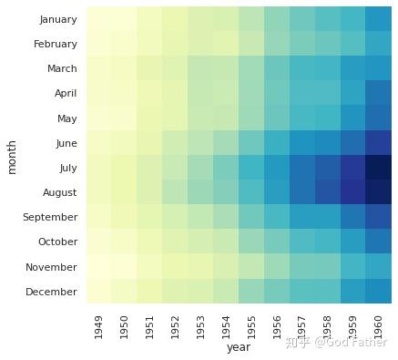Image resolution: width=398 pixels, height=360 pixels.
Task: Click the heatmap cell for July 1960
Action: point(379,168)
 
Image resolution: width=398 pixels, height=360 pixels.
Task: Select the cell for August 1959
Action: point(353,192)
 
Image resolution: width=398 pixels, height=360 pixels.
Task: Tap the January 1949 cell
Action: point(99,19)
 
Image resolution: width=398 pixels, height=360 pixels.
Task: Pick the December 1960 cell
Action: point(379,291)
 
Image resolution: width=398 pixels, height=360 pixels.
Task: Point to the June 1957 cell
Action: point(302,143)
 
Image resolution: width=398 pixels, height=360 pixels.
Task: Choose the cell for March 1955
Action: point(251,68)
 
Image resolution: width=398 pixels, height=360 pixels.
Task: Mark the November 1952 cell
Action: point(176,266)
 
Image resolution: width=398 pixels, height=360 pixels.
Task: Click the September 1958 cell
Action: point(328,217)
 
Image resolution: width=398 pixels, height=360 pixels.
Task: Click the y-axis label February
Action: point(56,44)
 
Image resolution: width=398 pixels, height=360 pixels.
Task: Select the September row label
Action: point(50,217)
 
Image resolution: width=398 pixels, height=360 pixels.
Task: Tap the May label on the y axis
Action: point(67,118)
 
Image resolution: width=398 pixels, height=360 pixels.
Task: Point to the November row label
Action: point(51,267)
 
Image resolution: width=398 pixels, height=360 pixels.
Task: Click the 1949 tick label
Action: point(98,327)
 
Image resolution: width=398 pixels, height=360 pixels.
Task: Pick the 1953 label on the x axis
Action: point(200,327)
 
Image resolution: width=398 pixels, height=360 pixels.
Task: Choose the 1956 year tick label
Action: point(277,327)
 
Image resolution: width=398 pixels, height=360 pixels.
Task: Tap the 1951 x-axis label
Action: point(149,327)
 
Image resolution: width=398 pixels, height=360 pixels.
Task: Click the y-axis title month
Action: point(12,158)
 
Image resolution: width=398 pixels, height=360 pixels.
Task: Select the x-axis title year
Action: point(239,347)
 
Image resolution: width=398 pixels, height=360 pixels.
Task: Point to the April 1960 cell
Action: point(379,93)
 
